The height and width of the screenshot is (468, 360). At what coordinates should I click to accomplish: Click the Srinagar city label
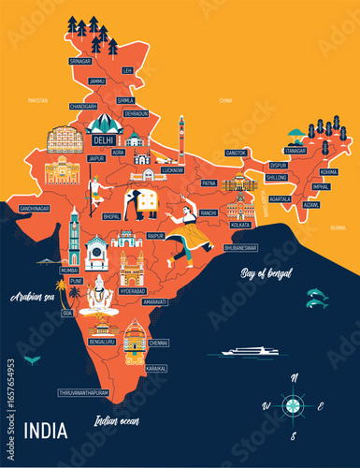click(x=80, y=61)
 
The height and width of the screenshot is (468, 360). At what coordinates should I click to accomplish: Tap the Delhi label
click(x=105, y=140)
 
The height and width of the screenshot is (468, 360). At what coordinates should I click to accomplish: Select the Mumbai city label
click(x=69, y=269)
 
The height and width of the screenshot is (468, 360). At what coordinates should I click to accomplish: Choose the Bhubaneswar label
click(x=241, y=248)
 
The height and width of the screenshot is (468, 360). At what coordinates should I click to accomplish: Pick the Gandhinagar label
click(x=34, y=208)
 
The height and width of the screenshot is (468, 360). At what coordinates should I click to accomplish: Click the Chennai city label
click(x=158, y=344)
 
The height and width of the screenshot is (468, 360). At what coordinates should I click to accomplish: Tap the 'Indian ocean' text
click(x=117, y=420)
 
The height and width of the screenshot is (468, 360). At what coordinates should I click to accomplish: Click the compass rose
click(x=294, y=405)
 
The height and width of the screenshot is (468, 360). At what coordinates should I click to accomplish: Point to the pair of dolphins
click(x=316, y=298)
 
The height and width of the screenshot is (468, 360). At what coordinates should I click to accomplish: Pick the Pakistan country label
click(x=38, y=98)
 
